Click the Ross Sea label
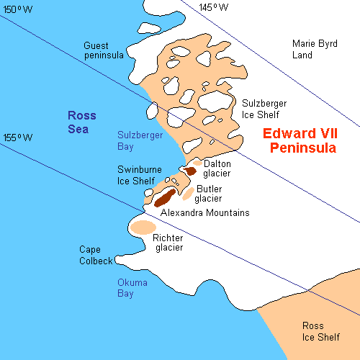point(82,120)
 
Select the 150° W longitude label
point(19,9)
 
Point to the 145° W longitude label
point(213,7)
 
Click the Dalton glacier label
point(217,168)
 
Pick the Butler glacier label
point(209,194)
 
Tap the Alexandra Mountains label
point(204,213)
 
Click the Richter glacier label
point(167,243)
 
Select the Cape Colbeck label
point(96,255)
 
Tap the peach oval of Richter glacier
point(143,228)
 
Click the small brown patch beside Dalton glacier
point(191,171)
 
